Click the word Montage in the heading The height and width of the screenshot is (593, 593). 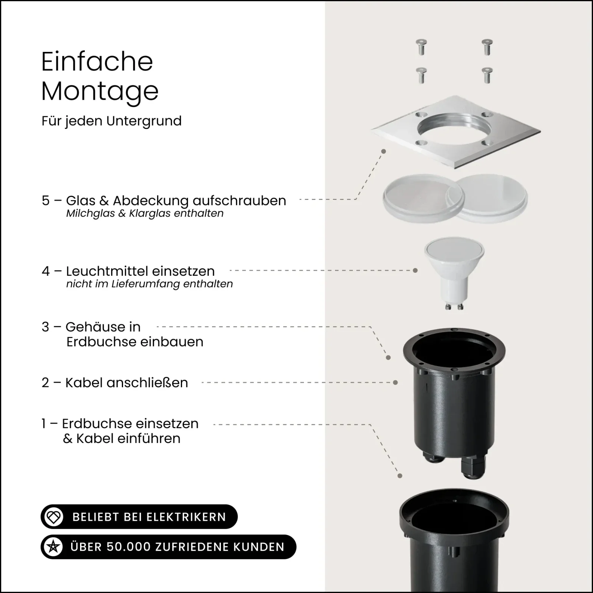click(x=100, y=91)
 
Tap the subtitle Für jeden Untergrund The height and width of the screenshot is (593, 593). click(x=112, y=121)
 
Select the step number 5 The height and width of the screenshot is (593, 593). click(x=46, y=201)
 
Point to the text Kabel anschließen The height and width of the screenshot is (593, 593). click(x=127, y=382)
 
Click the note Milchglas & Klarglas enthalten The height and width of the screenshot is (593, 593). click(x=145, y=213)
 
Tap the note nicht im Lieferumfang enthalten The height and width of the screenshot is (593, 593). click(x=149, y=284)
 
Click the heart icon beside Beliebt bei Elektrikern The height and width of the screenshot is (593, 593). click(x=54, y=517)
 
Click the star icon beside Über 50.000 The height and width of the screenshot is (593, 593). click(x=53, y=547)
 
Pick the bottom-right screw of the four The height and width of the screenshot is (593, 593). click(x=487, y=75)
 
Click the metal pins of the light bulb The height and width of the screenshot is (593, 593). click(x=454, y=306)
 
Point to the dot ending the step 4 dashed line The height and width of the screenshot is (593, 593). click(x=415, y=271)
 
